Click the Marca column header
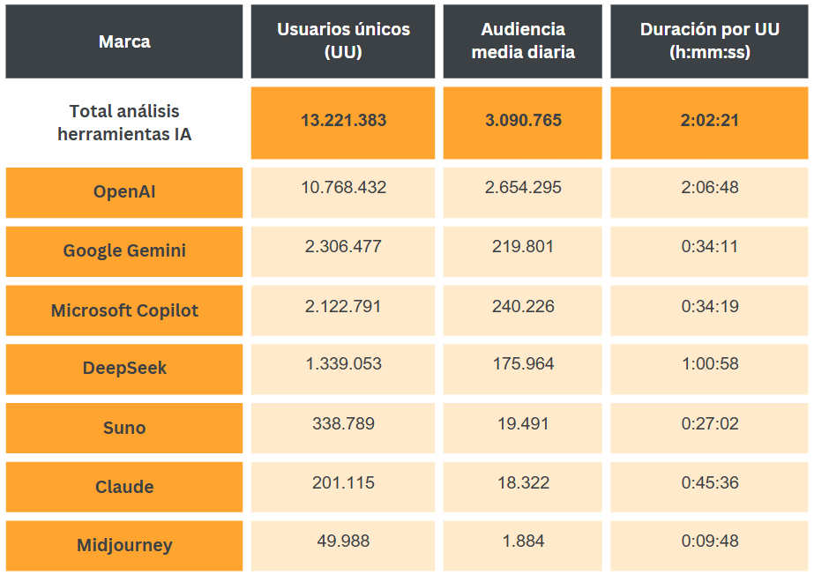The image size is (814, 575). (124, 41)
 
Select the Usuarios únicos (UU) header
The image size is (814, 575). (343, 41)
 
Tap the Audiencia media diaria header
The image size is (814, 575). (523, 41)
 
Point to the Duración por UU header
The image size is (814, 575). (709, 41)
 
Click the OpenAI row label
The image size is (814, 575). (124, 191)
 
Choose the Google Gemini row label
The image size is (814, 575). (124, 250)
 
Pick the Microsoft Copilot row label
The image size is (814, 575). (124, 310)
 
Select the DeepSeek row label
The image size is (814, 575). (124, 369)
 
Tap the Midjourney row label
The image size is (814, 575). (124, 545)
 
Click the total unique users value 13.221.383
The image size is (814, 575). (343, 121)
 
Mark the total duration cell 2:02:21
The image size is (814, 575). (709, 121)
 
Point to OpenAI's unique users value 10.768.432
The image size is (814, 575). (343, 188)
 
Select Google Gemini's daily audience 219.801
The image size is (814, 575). (523, 247)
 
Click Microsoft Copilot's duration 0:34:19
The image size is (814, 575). (709, 306)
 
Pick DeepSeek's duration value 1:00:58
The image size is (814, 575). (709, 365)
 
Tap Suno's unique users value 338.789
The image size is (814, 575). (343, 423)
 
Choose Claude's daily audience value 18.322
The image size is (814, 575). (523, 482)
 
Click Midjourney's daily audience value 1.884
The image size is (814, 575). (523, 541)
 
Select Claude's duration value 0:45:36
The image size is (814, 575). (709, 482)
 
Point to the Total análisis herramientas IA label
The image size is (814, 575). (124, 123)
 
